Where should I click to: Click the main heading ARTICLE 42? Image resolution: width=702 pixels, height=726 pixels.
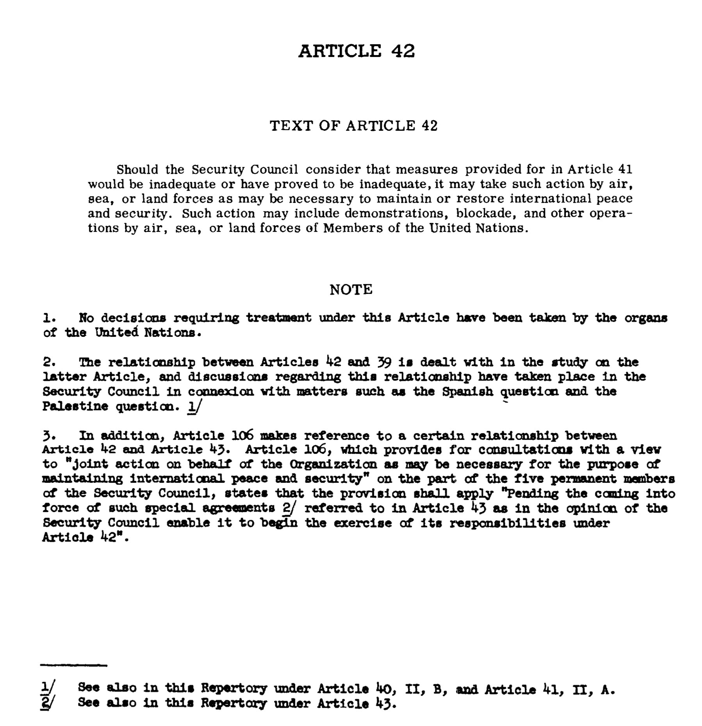pyautogui.click(x=356, y=51)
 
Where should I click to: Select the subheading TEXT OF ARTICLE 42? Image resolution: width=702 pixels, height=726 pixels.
pyautogui.click(x=354, y=126)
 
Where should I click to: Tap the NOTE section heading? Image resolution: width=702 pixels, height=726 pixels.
pyautogui.click(x=351, y=290)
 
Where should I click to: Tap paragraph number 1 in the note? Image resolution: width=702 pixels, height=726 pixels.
pyautogui.click(x=47, y=318)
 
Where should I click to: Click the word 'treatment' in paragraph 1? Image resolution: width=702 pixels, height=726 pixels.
pyautogui.click(x=279, y=318)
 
